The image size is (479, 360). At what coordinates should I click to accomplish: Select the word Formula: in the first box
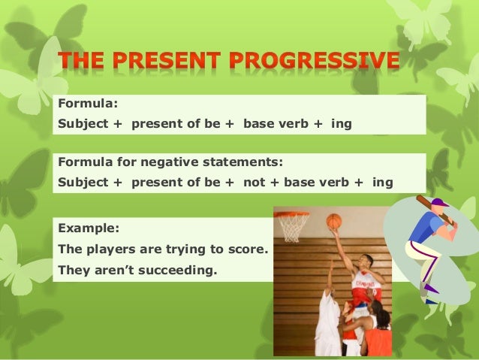point(88,104)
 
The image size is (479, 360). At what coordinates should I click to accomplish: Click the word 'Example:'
point(89,228)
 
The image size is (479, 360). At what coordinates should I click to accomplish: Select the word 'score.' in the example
point(249,250)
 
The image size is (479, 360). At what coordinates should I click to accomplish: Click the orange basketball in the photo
point(333,221)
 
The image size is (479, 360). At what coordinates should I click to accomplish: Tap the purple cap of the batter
point(440,202)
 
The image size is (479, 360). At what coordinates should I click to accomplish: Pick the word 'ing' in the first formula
point(342,124)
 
